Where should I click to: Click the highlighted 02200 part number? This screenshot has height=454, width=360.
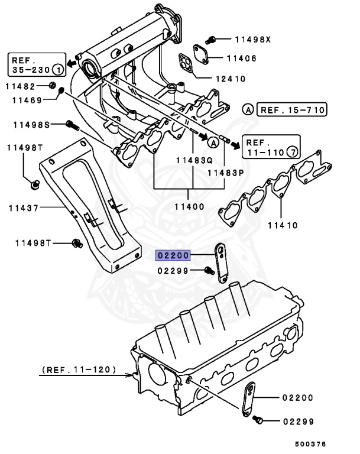(172, 255)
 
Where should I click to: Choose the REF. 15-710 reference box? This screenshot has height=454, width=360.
(293, 110)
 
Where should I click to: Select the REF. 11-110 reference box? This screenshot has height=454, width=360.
(271, 148)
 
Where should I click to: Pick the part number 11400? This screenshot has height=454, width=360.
(189, 207)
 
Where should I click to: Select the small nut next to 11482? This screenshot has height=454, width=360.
(53, 86)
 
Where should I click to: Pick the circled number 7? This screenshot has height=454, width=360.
(291, 153)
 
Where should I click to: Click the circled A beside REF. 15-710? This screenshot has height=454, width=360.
(248, 110)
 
